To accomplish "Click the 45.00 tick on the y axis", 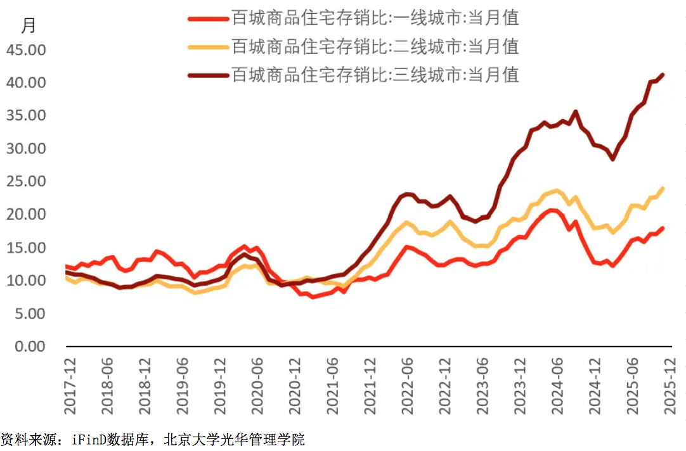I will tap(26, 49).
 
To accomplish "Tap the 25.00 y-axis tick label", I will tap(26, 181).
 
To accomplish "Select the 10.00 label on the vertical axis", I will tap(26, 281).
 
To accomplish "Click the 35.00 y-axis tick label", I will tap(26, 115).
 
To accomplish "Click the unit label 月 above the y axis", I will tap(29, 26).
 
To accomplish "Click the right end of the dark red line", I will tap(663, 75).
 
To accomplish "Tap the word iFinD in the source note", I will tap(87, 439).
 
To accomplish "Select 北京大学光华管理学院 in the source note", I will tap(234, 439).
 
